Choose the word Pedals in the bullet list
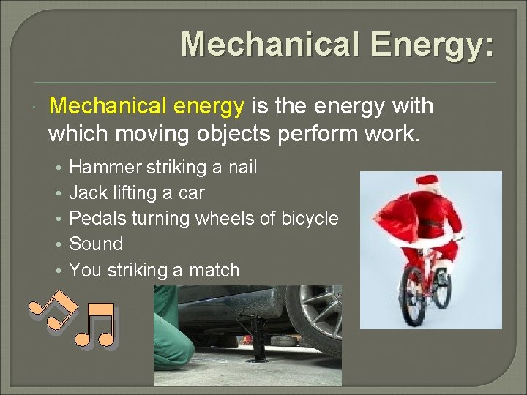pyautogui.click(x=94, y=219)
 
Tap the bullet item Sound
pyautogui.click(x=96, y=244)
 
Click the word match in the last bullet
pyautogui.click(x=214, y=270)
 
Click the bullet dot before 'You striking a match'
pyautogui.click(x=57, y=271)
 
